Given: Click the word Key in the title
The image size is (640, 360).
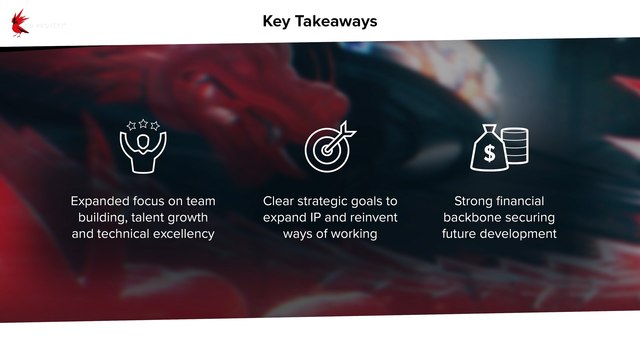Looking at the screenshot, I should coord(278,20).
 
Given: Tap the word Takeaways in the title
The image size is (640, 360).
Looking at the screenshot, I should coord(337,20).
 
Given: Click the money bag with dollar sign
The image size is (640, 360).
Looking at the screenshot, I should coord(489,150).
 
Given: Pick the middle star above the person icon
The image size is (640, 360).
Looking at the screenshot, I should coord(143,123).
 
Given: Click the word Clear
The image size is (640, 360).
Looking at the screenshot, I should coord(282,201).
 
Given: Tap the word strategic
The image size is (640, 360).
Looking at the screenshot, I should coord(334,201).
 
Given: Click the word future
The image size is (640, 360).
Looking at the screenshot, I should coord(463,235).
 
